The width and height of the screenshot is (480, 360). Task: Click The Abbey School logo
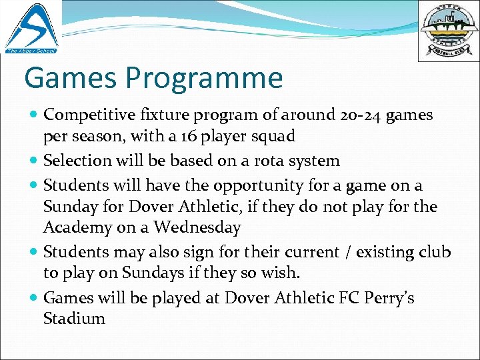point(31,27)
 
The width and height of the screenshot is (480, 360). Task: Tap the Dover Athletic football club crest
point(448,31)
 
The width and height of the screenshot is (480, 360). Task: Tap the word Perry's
point(389,297)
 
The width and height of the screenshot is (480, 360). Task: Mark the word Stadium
point(74,319)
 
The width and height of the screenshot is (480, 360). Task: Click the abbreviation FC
point(347,297)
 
